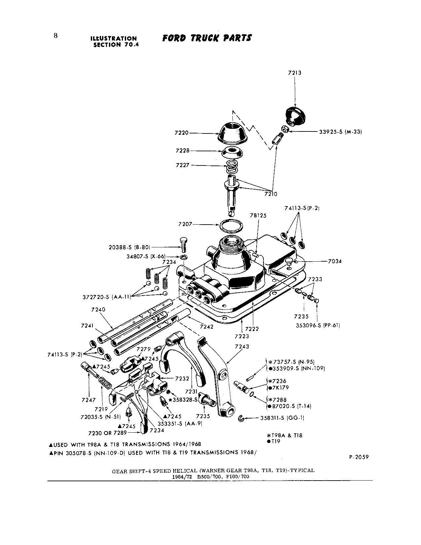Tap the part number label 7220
tap(181, 133)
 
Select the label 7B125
tap(258, 215)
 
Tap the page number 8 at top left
tap(56, 36)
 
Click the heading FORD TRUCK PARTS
tap(207, 38)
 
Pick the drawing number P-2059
tap(358, 457)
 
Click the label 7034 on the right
tap(334, 261)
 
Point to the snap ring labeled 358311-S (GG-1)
tap(242, 419)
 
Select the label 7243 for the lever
tap(242, 347)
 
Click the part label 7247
tap(88, 400)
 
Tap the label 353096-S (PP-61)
tap(318, 325)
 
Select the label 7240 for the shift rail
tap(98, 309)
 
